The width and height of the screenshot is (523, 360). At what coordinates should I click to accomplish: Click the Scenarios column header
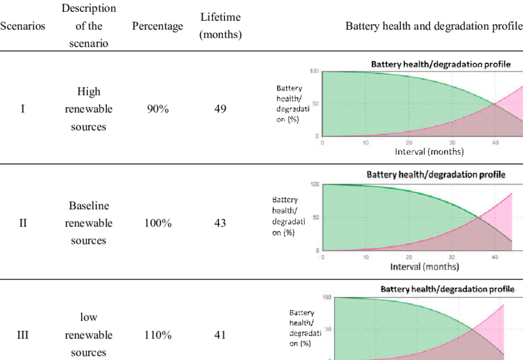[23, 26]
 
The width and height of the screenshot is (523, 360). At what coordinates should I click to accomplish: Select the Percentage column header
[158, 26]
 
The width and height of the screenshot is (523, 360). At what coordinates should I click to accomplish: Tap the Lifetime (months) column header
[220, 26]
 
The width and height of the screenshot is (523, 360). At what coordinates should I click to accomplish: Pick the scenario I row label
[23, 109]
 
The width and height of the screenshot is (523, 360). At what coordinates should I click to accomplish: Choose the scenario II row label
[23, 223]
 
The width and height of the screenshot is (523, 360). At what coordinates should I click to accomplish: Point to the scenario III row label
[23, 335]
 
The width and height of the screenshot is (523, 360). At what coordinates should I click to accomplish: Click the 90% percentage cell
[158, 109]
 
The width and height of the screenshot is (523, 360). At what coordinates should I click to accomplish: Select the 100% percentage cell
[158, 223]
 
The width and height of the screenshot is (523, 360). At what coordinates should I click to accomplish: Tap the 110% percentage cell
[158, 335]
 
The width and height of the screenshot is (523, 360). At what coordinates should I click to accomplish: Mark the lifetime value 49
[220, 109]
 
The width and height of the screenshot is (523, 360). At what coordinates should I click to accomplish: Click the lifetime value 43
[220, 223]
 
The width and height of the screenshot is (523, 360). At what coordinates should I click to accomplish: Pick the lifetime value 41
[220, 335]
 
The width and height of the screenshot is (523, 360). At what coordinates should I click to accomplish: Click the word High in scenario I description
[89, 92]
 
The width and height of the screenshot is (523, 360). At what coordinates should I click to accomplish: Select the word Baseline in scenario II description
[89, 206]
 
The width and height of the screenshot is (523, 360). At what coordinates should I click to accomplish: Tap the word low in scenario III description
[89, 318]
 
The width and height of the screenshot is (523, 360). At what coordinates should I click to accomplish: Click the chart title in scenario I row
[440, 64]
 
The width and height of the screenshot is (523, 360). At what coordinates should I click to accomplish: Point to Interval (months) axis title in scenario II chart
[425, 266]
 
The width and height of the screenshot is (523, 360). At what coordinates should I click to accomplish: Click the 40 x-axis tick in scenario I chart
[495, 142]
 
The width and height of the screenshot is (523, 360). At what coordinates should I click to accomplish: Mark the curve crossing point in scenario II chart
[477, 217]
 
